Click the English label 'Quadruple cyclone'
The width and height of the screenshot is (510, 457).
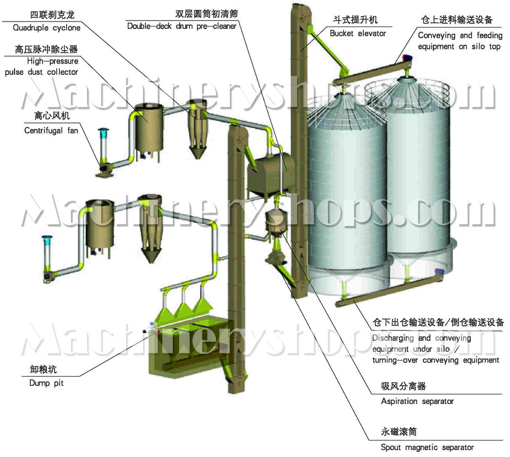click(47, 28)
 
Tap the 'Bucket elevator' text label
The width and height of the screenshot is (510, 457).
click(358, 33)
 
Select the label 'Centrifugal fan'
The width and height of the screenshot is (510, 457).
click(51, 130)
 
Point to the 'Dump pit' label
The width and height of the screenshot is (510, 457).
click(47, 383)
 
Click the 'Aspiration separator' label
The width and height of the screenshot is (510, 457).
click(417, 401)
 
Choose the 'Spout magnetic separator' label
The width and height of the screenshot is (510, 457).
click(427, 447)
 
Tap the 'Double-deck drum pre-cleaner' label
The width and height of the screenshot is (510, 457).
click(182, 27)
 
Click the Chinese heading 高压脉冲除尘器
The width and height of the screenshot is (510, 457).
click(46, 49)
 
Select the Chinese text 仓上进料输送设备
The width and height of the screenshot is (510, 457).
click(457, 20)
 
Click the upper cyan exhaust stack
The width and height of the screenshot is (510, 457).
click(103, 143)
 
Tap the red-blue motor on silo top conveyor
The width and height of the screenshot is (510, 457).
click(408, 58)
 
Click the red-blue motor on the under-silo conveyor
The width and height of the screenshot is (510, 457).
click(440, 271)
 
